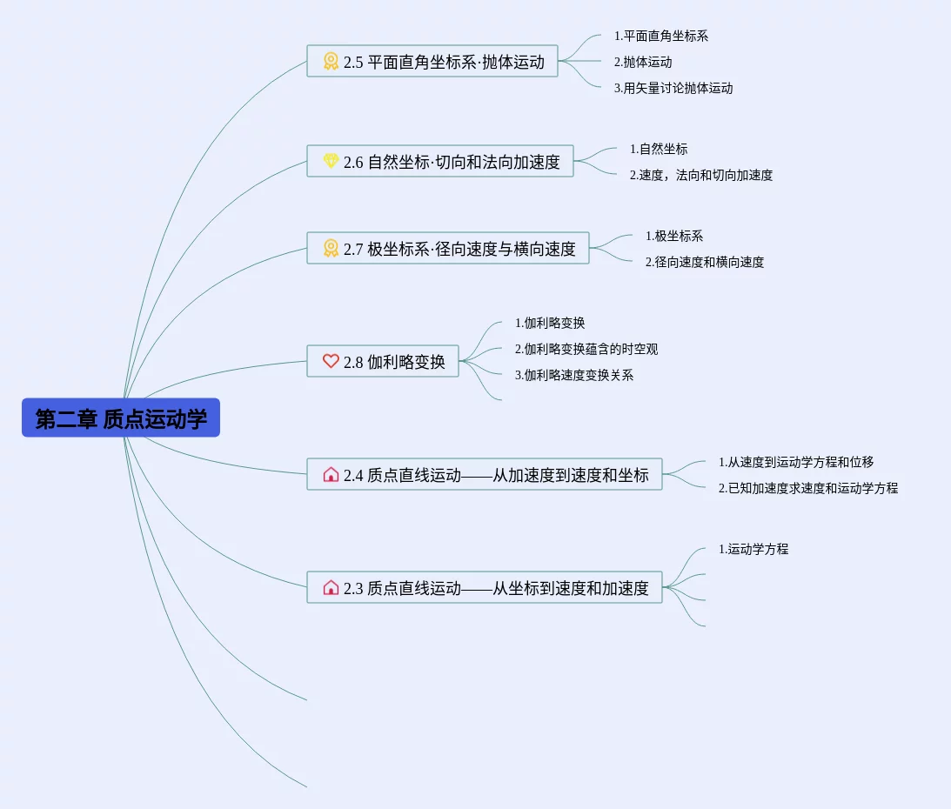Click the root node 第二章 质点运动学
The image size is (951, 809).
[x=121, y=418]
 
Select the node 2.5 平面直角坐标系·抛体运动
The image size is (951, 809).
[x=432, y=62]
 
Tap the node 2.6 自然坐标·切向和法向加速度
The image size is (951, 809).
[x=440, y=162]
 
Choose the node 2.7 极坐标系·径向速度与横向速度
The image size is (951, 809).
[x=448, y=249]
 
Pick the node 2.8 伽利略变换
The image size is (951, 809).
[x=383, y=362]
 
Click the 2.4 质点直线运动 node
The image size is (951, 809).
[x=485, y=475]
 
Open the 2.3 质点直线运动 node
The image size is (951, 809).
[x=485, y=588]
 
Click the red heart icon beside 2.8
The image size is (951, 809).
[x=331, y=361]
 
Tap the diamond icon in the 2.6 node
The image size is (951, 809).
[x=331, y=161]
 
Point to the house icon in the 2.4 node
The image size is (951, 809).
[x=331, y=474]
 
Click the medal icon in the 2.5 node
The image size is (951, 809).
[x=331, y=61]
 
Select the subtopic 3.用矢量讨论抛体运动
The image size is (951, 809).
[x=673, y=88]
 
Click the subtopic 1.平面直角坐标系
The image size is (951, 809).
[x=661, y=36]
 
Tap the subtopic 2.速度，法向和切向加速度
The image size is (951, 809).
[x=701, y=175]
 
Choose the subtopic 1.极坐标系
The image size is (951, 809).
[x=674, y=236]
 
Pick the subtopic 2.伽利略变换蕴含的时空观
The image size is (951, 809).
[x=586, y=349]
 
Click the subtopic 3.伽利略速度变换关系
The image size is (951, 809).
[x=574, y=375]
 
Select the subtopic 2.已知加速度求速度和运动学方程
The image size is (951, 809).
[x=808, y=488]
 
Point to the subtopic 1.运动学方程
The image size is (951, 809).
[x=753, y=549]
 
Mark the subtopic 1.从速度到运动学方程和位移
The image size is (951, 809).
[x=796, y=462]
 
